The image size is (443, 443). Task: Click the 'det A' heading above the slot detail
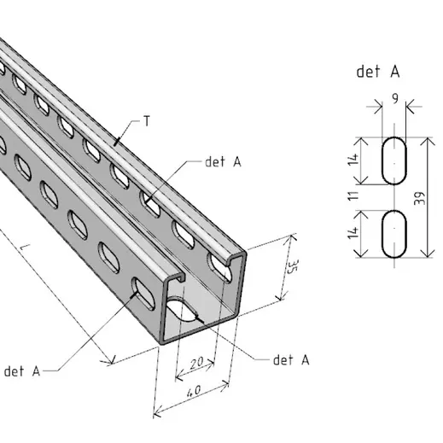tap(378, 72)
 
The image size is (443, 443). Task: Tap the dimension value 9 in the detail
tap(395, 98)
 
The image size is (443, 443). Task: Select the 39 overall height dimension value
tap(420, 198)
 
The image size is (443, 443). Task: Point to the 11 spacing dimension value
tap(353, 196)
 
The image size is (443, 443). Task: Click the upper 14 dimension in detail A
tap(353, 160)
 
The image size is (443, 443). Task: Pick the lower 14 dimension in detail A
tap(353, 233)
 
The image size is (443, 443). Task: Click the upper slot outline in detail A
tap(382, 160)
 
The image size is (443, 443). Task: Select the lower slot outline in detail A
tap(382, 234)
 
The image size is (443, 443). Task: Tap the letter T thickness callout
tap(147, 121)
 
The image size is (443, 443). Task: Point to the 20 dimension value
tap(197, 364)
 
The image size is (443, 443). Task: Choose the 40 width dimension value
tap(194, 391)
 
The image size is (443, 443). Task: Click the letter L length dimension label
tap(25, 247)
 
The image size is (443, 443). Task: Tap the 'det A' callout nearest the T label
tap(223, 162)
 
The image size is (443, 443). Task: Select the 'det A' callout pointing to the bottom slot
tap(291, 360)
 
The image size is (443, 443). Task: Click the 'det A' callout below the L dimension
tap(22, 371)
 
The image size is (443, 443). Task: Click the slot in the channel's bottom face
tap(180, 309)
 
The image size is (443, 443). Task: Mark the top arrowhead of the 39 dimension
tap(428, 141)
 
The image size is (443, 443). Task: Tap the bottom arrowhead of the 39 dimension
tap(428, 254)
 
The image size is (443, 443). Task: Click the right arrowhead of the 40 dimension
tap(225, 385)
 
